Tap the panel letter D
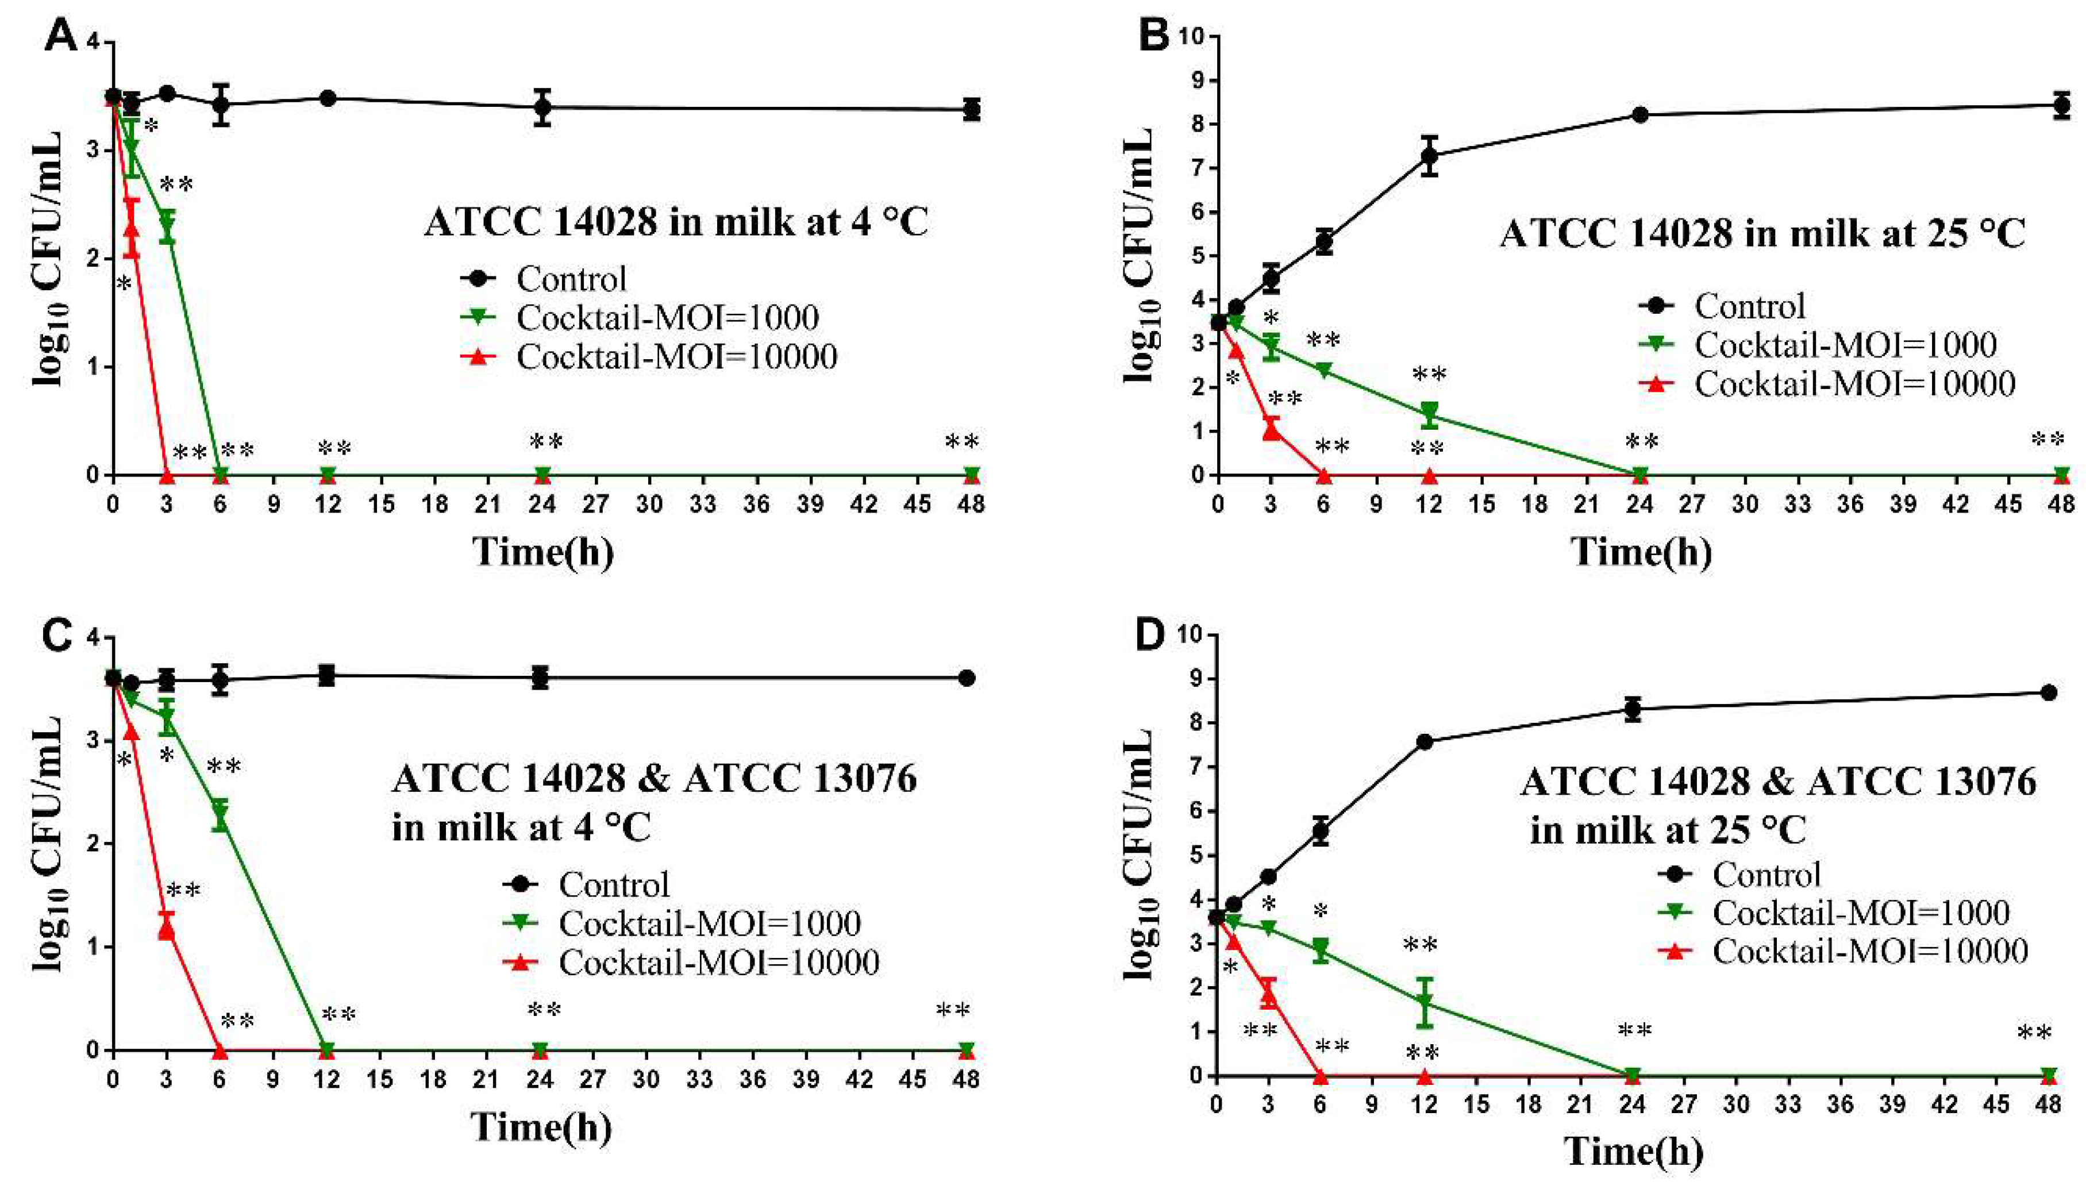[1151, 636]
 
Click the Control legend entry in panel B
[1722, 306]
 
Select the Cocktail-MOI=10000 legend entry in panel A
[649, 356]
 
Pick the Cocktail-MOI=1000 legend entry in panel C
[682, 923]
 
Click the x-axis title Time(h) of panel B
[1641, 552]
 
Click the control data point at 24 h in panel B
[1639, 115]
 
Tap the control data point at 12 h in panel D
[1424, 742]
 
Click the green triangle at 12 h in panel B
[1429, 412]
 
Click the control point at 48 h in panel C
[967, 678]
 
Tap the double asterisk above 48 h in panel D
[2034, 1034]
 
